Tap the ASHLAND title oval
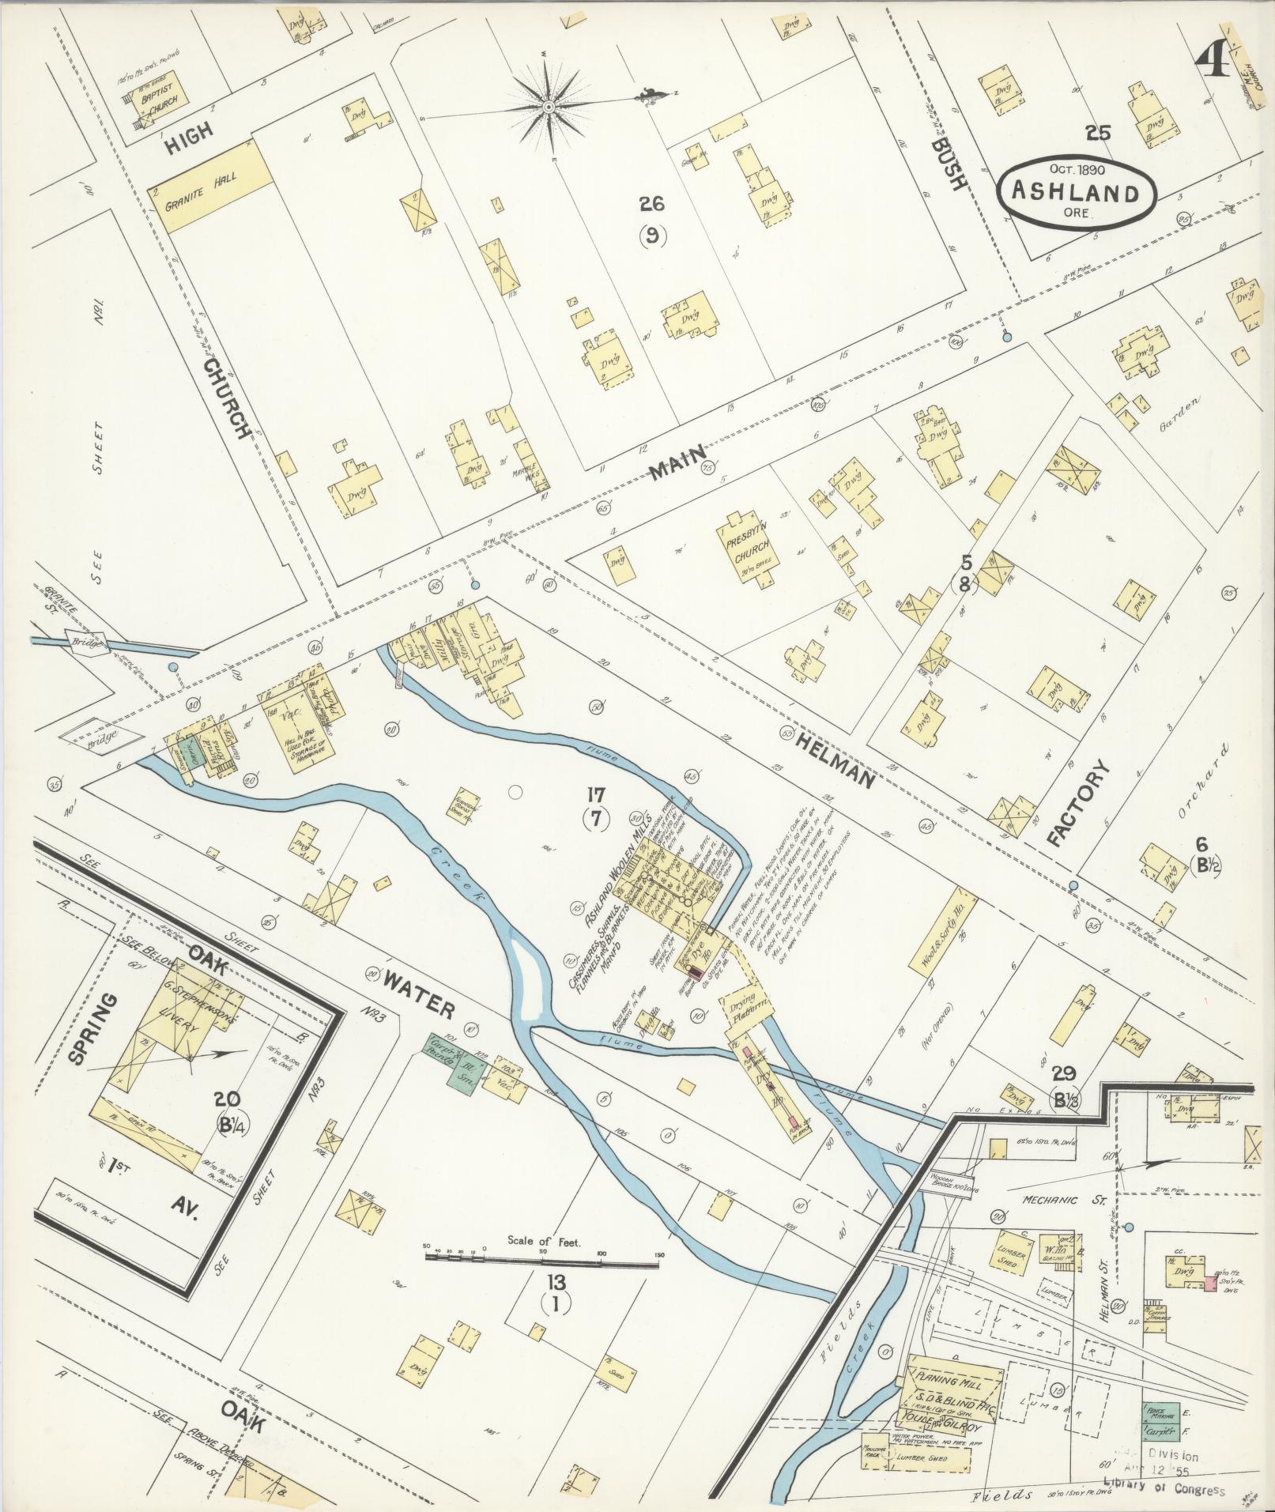(1077, 193)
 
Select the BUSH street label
(948, 164)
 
